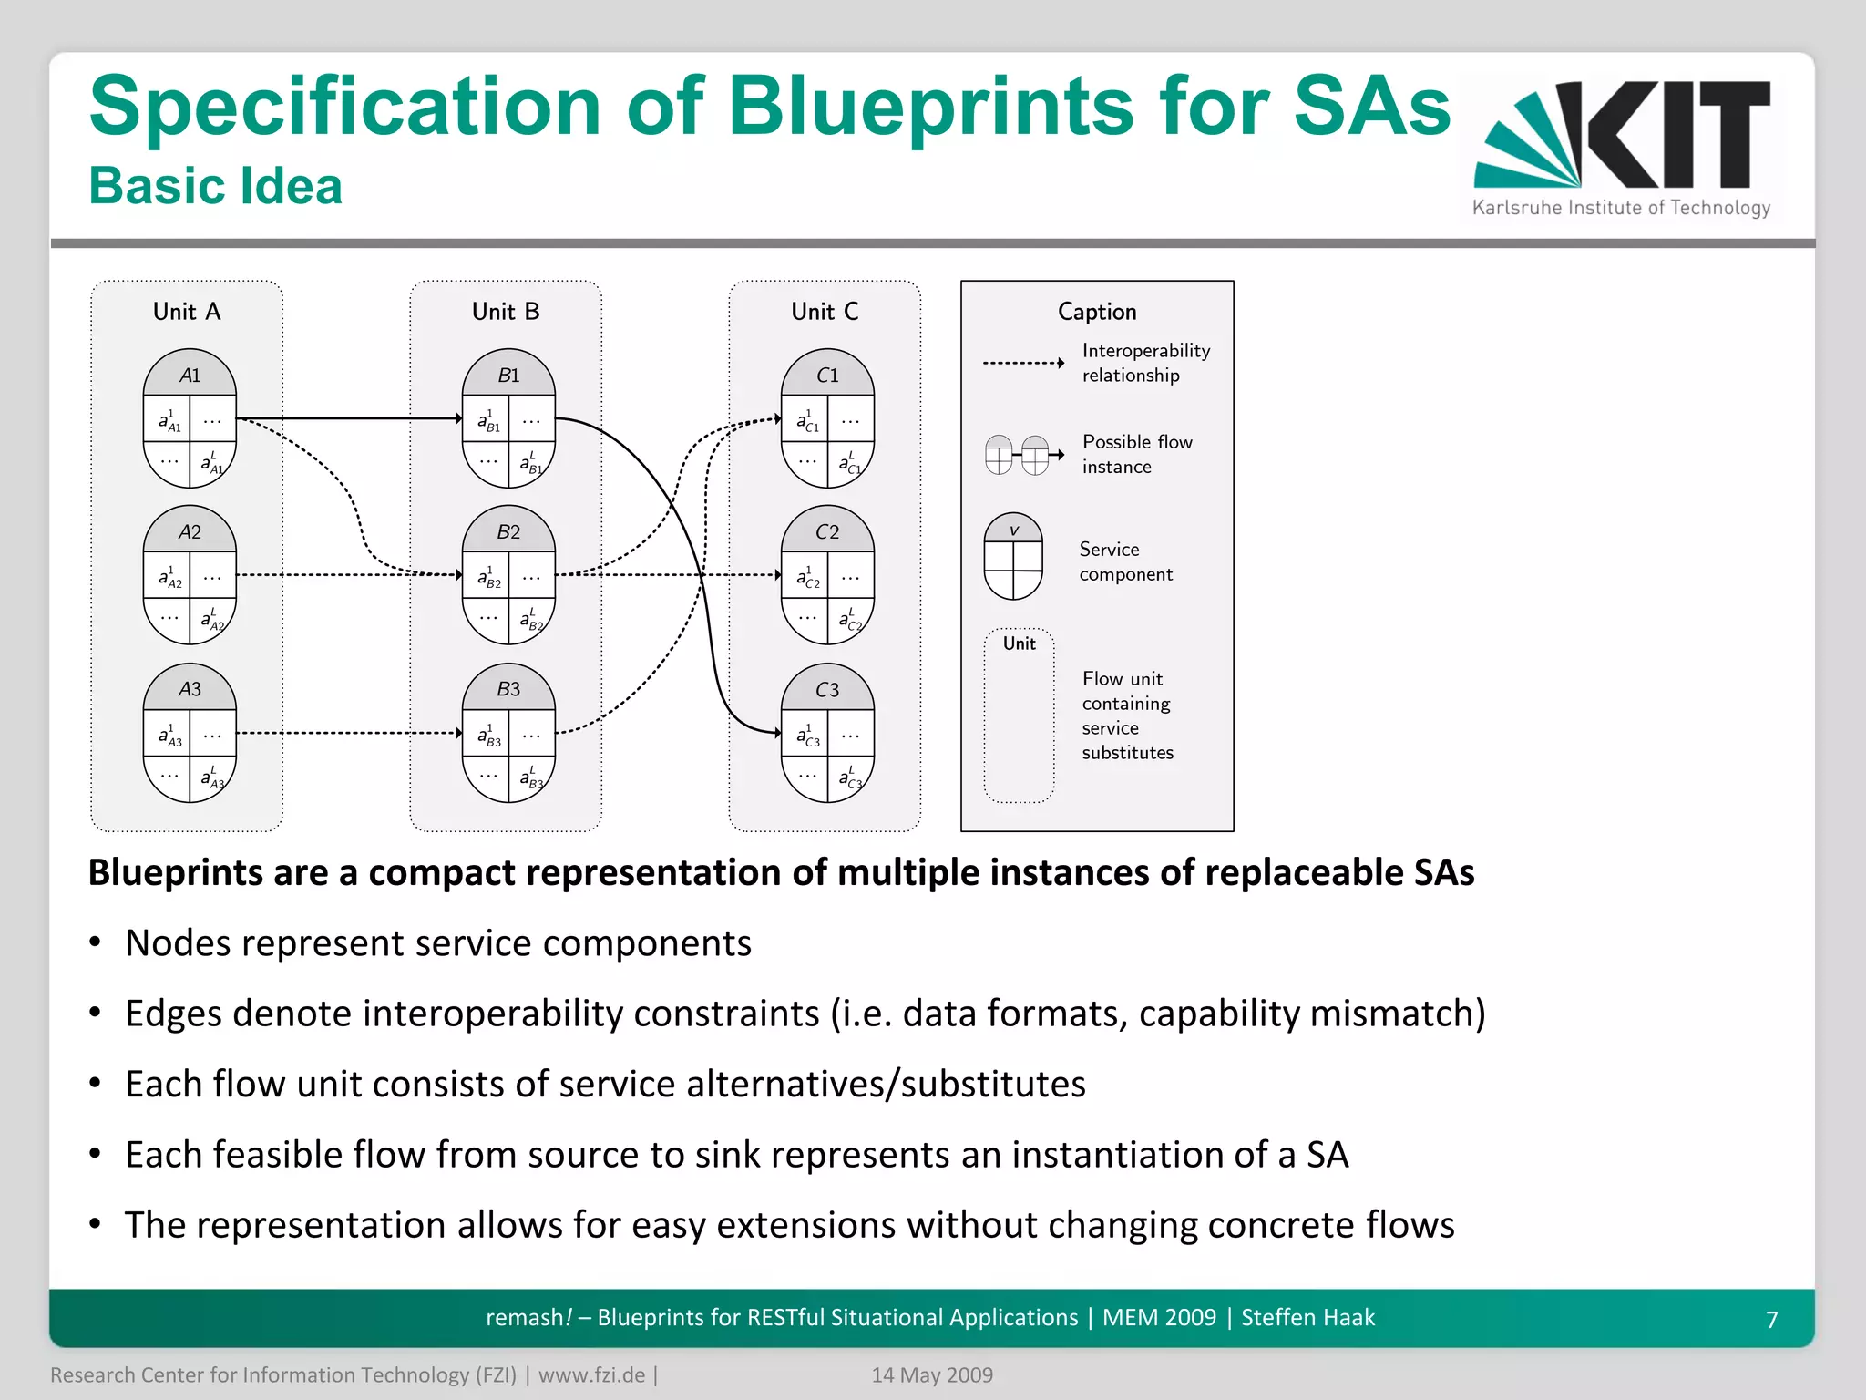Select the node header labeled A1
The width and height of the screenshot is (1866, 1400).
(x=190, y=375)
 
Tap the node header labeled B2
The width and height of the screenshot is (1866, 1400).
(x=508, y=531)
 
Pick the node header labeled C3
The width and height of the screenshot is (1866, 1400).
(x=827, y=689)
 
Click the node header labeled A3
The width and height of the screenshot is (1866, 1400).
(x=190, y=689)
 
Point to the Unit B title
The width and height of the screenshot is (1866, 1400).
(x=506, y=312)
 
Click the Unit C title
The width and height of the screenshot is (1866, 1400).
(x=825, y=312)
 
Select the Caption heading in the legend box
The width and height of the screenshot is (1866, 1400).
(x=1097, y=312)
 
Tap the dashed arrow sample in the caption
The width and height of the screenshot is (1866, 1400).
(x=1022, y=363)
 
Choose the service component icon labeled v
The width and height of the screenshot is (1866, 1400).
(x=1013, y=557)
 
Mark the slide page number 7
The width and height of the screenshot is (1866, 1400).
(x=1771, y=1319)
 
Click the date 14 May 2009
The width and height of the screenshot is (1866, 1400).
(x=931, y=1374)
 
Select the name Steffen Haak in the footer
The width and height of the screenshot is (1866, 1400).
(x=1307, y=1317)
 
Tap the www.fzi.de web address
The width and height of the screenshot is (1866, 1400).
(x=591, y=1374)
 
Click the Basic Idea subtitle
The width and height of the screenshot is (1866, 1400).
(x=215, y=186)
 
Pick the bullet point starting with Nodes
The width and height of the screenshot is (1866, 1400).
(x=437, y=943)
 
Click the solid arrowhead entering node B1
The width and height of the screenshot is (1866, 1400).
(x=458, y=418)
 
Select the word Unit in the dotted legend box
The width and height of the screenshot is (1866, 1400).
(x=1019, y=643)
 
